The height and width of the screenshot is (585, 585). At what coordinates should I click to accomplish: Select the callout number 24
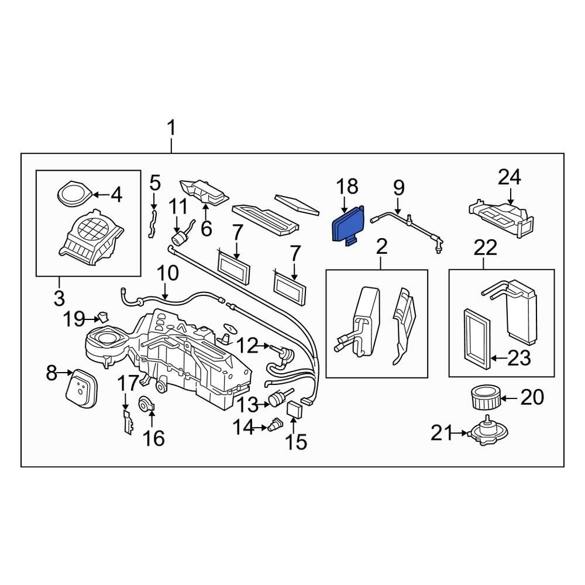tap(509, 177)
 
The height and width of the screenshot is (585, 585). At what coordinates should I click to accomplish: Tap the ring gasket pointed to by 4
tap(74, 194)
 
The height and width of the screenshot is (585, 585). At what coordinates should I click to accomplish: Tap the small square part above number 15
tap(295, 408)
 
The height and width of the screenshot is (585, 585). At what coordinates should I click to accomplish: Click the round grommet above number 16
tap(144, 404)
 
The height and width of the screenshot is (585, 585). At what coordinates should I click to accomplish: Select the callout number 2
tap(381, 247)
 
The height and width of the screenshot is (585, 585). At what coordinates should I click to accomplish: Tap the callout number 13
tap(246, 403)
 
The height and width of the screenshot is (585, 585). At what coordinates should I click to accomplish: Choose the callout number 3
tap(59, 298)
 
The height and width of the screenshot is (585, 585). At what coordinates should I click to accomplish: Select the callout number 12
tap(247, 346)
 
